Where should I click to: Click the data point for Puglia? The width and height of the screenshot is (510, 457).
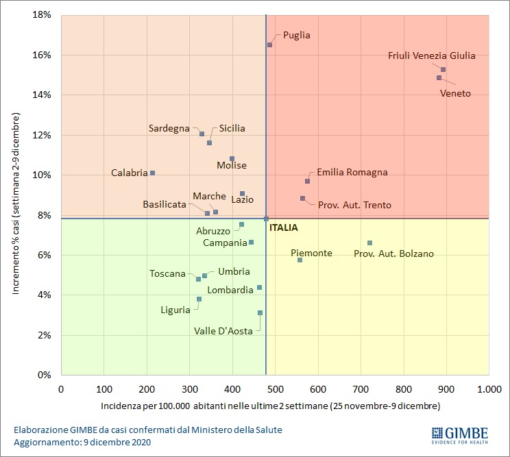[x=269, y=45]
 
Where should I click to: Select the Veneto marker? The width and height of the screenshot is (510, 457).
[x=439, y=77]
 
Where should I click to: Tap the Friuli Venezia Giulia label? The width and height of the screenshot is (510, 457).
[x=431, y=56]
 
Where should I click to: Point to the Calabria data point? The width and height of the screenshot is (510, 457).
[x=152, y=173]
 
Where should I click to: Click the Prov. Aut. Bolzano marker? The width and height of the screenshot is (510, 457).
[x=369, y=243]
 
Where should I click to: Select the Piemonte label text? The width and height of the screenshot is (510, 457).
[x=311, y=253]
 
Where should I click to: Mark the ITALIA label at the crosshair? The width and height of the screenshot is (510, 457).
[x=283, y=227]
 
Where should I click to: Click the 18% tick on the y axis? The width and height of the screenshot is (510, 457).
[x=41, y=14]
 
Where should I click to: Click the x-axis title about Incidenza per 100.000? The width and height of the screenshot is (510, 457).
[x=270, y=406]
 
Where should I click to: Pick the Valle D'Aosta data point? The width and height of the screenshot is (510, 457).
[x=260, y=312]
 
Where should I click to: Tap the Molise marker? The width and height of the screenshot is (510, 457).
[x=232, y=158]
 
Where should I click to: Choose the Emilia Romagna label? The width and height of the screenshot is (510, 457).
[x=352, y=173]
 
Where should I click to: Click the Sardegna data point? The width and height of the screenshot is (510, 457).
[x=202, y=134]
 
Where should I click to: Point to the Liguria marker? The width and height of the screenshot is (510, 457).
[x=199, y=299]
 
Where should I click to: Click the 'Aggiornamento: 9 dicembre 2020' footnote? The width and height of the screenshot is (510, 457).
[x=82, y=442]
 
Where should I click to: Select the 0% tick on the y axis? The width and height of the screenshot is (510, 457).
[x=44, y=375]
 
